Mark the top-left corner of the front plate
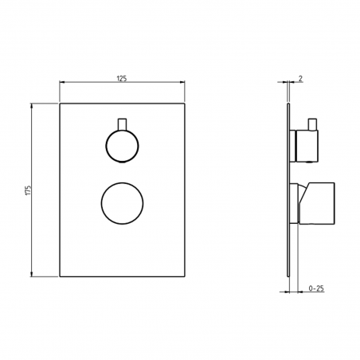61,103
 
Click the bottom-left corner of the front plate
61,276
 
